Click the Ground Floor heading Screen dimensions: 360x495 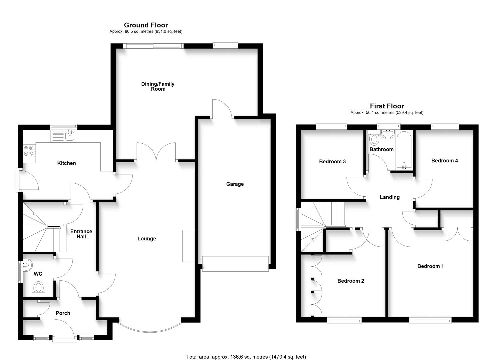point(146,25)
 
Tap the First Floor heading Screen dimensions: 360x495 point(387,106)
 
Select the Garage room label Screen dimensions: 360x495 point(235,184)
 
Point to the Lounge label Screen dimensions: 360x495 point(146,239)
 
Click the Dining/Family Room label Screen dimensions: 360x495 point(158,86)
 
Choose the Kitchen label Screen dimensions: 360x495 point(66,163)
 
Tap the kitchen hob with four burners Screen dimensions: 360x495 point(29,151)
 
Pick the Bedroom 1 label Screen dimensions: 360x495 point(430,266)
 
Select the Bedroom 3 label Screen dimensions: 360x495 point(332,162)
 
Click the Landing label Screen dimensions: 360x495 point(389,197)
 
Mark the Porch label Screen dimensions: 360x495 point(63,313)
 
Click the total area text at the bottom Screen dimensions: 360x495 point(246,357)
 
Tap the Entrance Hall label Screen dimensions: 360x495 point(81,234)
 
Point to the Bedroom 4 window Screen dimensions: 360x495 point(445,126)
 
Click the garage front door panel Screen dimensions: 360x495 point(235,264)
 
